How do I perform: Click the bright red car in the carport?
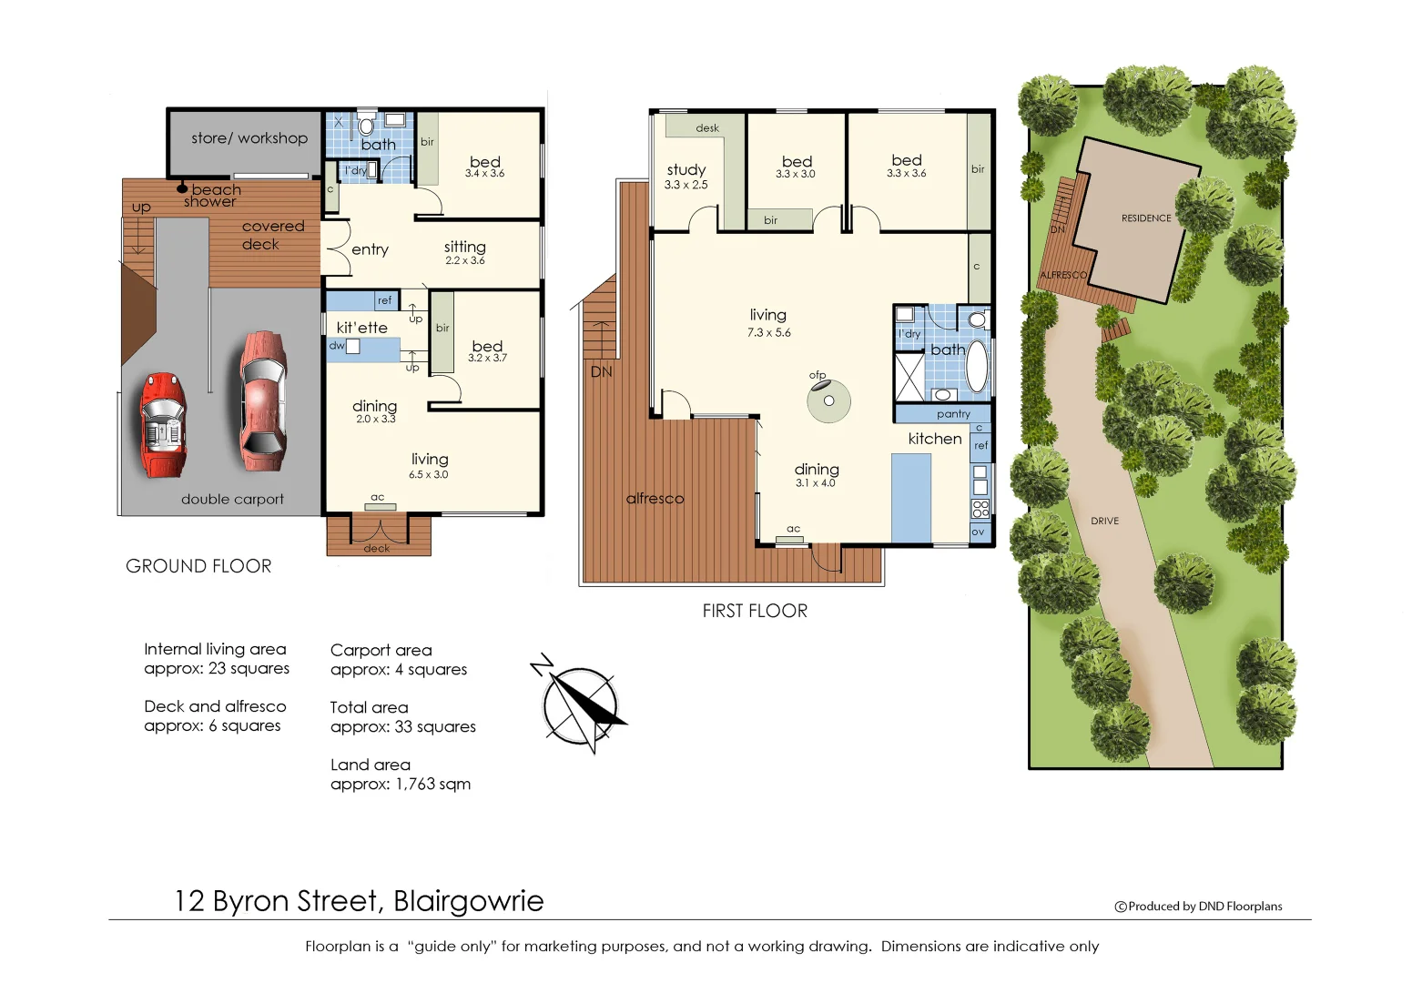(x=163, y=424)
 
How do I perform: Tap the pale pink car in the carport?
(x=262, y=400)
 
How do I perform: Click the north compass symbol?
(x=580, y=704)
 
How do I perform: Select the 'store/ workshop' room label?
(x=249, y=138)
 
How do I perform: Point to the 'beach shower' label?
(x=213, y=196)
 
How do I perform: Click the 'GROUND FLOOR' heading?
(x=198, y=566)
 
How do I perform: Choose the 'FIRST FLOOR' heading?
(x=755, y=611)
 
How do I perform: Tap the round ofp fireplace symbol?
(x=828, y=401)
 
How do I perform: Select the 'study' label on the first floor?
(x=686, y=170)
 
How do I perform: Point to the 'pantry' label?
(x=953, y=414)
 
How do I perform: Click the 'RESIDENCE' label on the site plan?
(x=1146, y=218)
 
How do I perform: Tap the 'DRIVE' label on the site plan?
(x=1104, y=521)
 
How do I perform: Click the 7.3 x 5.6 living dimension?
(x=768, y=333)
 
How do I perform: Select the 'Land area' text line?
(x=371, y=765)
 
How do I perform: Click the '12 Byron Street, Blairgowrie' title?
(x=359, y=901)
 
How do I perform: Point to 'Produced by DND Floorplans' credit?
(x=1199, y=907)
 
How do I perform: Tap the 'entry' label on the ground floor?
(x=370, y=249)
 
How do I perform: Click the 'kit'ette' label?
(x=361, y=328)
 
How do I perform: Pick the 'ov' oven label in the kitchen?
(x=978, y=532)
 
